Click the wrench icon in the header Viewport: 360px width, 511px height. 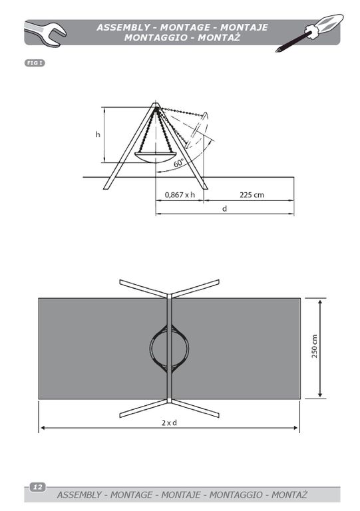46,33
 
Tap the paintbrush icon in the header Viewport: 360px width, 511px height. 309,33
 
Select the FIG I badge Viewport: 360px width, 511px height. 35,63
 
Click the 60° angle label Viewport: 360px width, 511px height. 178,163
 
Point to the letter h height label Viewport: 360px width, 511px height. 98,134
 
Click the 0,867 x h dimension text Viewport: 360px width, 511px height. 180,195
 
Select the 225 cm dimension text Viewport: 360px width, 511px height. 252,195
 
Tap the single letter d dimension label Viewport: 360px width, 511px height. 224,208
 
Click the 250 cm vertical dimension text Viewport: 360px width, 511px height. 314,347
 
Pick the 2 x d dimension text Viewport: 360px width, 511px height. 170,423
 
